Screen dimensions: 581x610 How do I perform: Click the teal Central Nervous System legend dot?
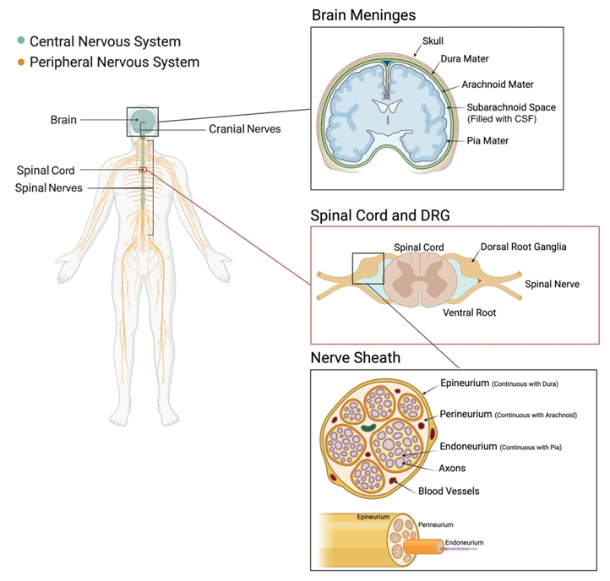pyautogui.click(x=19, y=41)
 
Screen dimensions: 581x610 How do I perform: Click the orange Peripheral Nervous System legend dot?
pyautogui.click(x=19, y=62)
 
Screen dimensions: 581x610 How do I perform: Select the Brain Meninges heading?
pyautogui.click(x=363, y=15)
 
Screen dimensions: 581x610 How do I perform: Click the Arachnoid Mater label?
pyautogui.click(x=498, y=85)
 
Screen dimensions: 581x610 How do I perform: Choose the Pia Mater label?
pyautogui.click(x=487, y=141)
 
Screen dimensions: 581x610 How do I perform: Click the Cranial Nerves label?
pyautogui.click(x=245, y=129)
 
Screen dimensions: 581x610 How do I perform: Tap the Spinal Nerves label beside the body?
pyautogui.click(x=49, y=187)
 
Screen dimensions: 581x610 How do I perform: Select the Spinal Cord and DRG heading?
pyautogui.click(x=380, y=215)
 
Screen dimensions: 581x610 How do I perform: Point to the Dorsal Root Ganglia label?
pyautogui.click(x=523, y=247)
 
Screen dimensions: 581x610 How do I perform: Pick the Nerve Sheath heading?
pyautogui.click(x=356, y=358)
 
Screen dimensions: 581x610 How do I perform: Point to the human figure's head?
pyautogui.click(x=143, y=122)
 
